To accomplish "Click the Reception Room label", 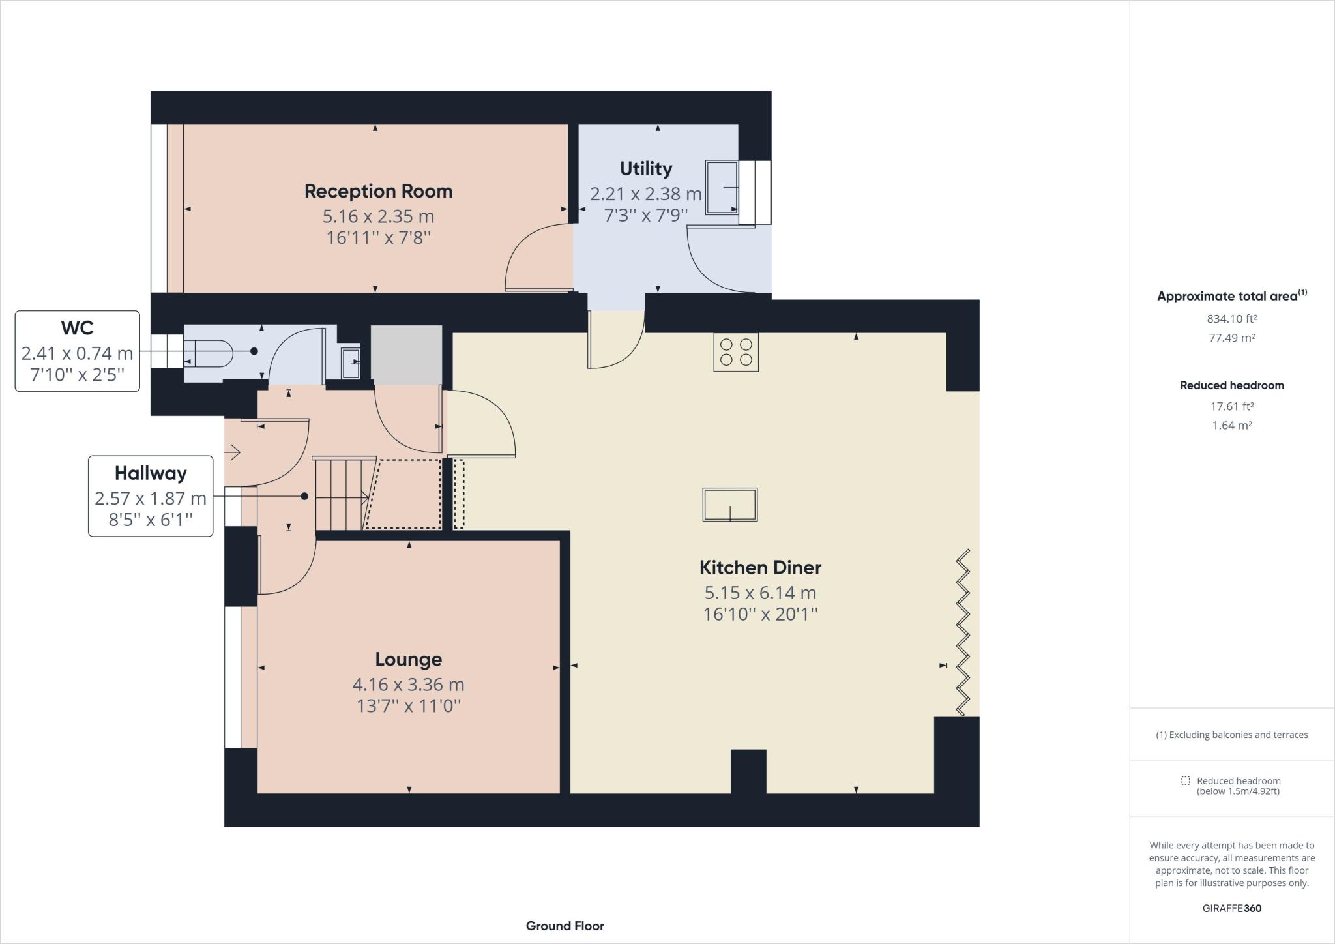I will (378, 191).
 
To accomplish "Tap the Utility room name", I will (645, 169).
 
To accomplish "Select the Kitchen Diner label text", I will (760, 567).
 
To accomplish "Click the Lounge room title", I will (408, 659).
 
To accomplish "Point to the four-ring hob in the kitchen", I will (736, 352).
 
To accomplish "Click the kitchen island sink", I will (729, 505).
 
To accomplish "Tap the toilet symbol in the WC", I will (209, 353).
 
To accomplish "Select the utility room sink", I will (722, 188).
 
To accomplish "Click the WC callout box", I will (77, 351).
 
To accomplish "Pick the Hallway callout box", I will (151, 496).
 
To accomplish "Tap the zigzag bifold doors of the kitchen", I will (963, 632).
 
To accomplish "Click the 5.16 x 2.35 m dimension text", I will (378, 216).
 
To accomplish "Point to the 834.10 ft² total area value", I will (1231, 319).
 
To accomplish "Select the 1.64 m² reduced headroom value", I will (1231, 425).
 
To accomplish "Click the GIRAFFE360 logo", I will (1231, 908).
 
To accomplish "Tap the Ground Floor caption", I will (565, 926).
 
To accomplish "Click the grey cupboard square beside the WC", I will (406, 355).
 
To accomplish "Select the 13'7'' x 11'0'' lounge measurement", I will (408, 705).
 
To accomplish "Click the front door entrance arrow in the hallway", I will (233, 451).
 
